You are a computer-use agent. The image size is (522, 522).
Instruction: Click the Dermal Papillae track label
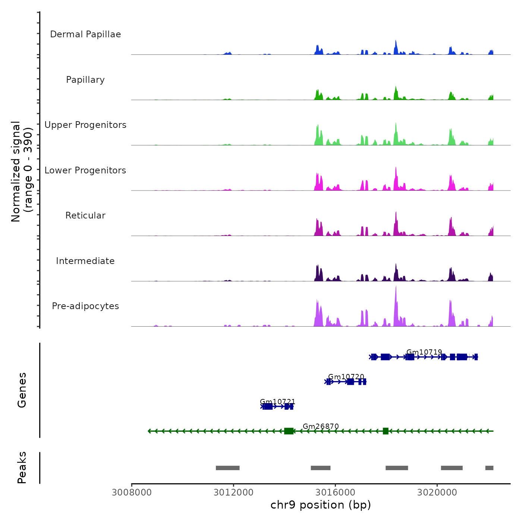[85, 34]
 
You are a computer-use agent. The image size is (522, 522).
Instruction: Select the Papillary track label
[85, 80]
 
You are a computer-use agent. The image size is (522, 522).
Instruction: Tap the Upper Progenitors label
[85, 125]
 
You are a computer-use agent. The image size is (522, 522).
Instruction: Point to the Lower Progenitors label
[85, 170]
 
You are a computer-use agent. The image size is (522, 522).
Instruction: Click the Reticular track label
[85, 216]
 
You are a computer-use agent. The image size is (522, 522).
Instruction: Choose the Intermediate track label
[85, 261]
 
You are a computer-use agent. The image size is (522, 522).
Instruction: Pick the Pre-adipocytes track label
[85, 306]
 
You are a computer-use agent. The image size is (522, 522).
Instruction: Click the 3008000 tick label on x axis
[132, 493]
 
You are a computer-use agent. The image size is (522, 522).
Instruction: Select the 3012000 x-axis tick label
[233, 493]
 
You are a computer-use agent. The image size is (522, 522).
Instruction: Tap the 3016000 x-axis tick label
[335, 493]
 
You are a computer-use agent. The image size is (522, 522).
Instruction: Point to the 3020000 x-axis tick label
[437, 493]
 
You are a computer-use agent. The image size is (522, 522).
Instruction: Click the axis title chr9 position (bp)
[321, 505]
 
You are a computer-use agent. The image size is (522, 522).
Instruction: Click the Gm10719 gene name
[424, 352]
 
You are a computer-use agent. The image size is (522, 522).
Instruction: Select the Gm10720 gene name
[346, 377]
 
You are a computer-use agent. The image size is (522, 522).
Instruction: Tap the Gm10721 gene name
[277, 402]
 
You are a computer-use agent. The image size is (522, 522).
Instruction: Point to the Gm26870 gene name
[321, 426]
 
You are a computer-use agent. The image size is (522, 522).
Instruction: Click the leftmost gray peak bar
[227, 468]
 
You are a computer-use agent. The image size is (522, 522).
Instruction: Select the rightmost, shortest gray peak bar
[489, 468]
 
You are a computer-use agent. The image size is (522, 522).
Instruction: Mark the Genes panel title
[22, 390]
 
